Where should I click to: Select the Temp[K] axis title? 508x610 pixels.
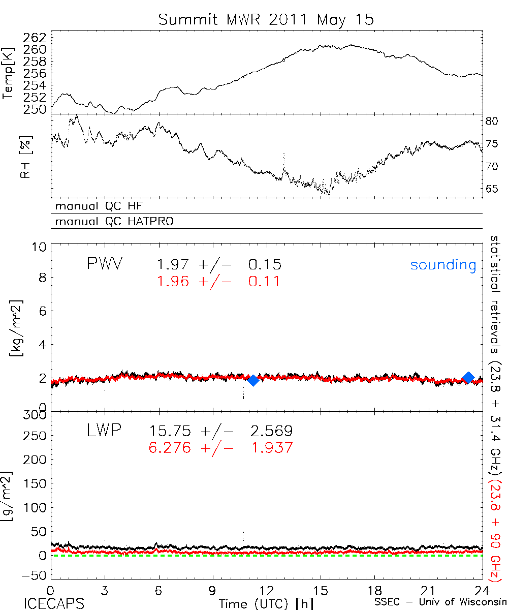coord(9,73)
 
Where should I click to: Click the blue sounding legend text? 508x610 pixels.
coord(443,265)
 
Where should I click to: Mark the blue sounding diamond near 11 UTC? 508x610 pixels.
coord(252,380)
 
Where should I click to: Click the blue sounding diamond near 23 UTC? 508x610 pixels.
coord(468,377)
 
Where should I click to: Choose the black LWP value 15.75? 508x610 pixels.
coord(170,432)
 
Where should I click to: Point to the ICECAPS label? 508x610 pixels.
coord(54,603)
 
